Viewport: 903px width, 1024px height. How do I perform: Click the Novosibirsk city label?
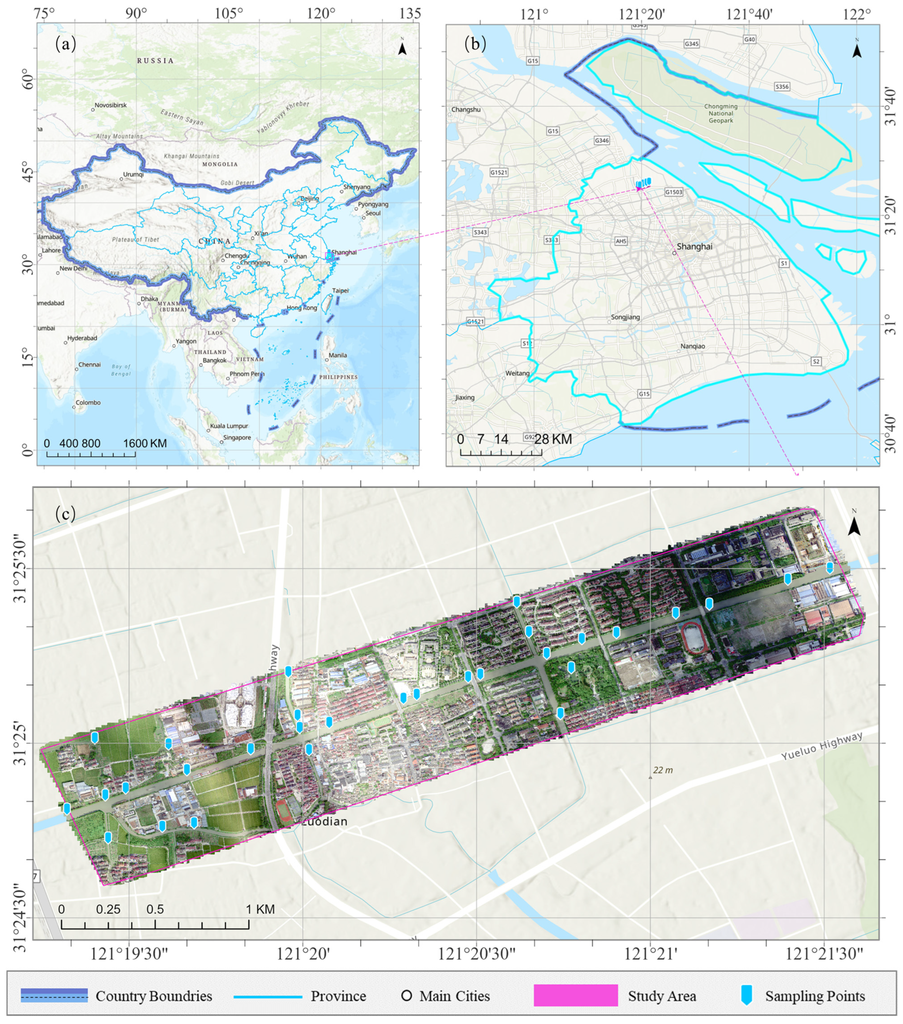[111, 105]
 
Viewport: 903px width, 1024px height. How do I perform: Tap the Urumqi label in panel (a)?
[133, 175]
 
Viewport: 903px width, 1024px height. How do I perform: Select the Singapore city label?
[237, 438]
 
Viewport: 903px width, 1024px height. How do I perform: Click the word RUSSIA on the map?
[155, 61]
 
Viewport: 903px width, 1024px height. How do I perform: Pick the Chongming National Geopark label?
[721, 113]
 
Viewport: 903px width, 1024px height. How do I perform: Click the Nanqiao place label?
[693, 347]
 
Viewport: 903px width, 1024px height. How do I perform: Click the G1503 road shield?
[674, 192]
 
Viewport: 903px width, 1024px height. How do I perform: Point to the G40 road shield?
[749, 40]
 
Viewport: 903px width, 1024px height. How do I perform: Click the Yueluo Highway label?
[822, 746]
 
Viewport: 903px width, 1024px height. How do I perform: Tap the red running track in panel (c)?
[695, 637]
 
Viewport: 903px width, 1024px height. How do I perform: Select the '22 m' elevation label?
[662, 770]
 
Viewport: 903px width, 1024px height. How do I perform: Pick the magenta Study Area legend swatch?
[575, 996]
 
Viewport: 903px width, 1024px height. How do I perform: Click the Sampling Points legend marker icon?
[747, 996]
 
